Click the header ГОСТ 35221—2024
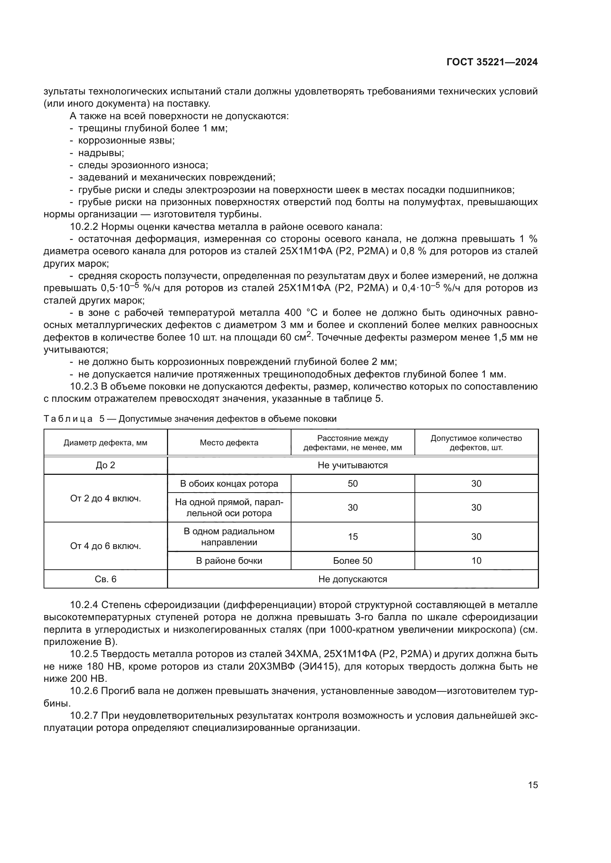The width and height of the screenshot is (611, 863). point(492,62)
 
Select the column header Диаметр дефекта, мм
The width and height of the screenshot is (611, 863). point(105,443)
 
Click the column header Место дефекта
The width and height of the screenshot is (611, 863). point(229,443)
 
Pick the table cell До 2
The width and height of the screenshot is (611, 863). point(105,465)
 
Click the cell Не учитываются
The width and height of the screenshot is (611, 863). point(352,465)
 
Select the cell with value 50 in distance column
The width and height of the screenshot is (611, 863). point(352,484)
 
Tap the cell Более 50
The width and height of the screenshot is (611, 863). point(352,561)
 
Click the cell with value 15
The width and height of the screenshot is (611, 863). point(352,537)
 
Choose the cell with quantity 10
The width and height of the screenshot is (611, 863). point(476,561)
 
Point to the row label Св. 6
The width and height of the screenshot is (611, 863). point(105,579)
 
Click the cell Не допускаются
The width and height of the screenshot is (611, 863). point(352,579)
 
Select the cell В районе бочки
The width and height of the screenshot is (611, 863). point(229,561)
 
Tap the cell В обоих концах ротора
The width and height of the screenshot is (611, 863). point(229,484)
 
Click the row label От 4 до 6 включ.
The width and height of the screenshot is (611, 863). point(105,546)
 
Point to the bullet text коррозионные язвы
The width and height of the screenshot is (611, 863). point(126,141)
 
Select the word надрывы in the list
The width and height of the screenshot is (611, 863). point(101,153)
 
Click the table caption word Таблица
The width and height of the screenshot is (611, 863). point(68,419)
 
